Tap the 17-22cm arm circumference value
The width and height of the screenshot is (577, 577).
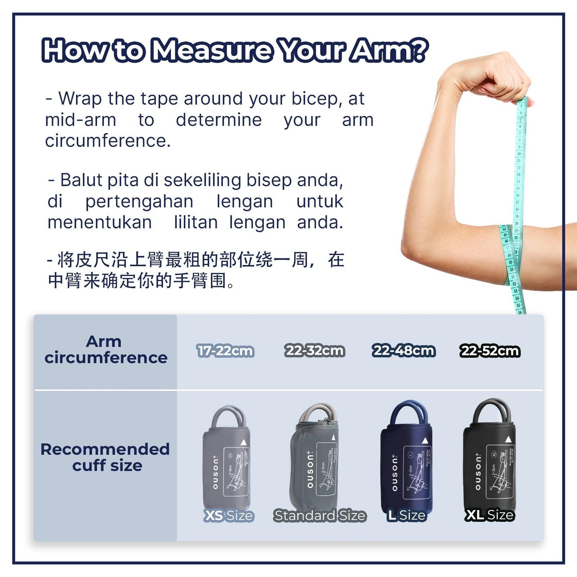coord(226,351)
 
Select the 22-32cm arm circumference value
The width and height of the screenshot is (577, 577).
coord(315,351)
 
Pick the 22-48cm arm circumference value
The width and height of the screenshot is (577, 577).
coord(403,351)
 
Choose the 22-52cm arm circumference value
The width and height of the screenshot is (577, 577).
coord(490,351)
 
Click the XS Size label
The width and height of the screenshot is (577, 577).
coord(229,516)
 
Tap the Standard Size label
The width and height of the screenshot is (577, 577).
coord(319,516)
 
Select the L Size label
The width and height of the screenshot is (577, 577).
coord(406,516)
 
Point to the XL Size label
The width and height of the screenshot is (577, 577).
coord(490,515)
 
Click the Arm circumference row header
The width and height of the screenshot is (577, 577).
coord(105,350)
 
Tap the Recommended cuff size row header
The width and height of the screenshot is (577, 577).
coord(105,457)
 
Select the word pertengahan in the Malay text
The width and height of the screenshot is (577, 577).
coord(139,202)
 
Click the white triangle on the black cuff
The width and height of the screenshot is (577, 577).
coord(508,440)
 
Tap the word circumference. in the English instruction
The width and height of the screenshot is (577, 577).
coord(108,141)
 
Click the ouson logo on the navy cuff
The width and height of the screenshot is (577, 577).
coord(395,473)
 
